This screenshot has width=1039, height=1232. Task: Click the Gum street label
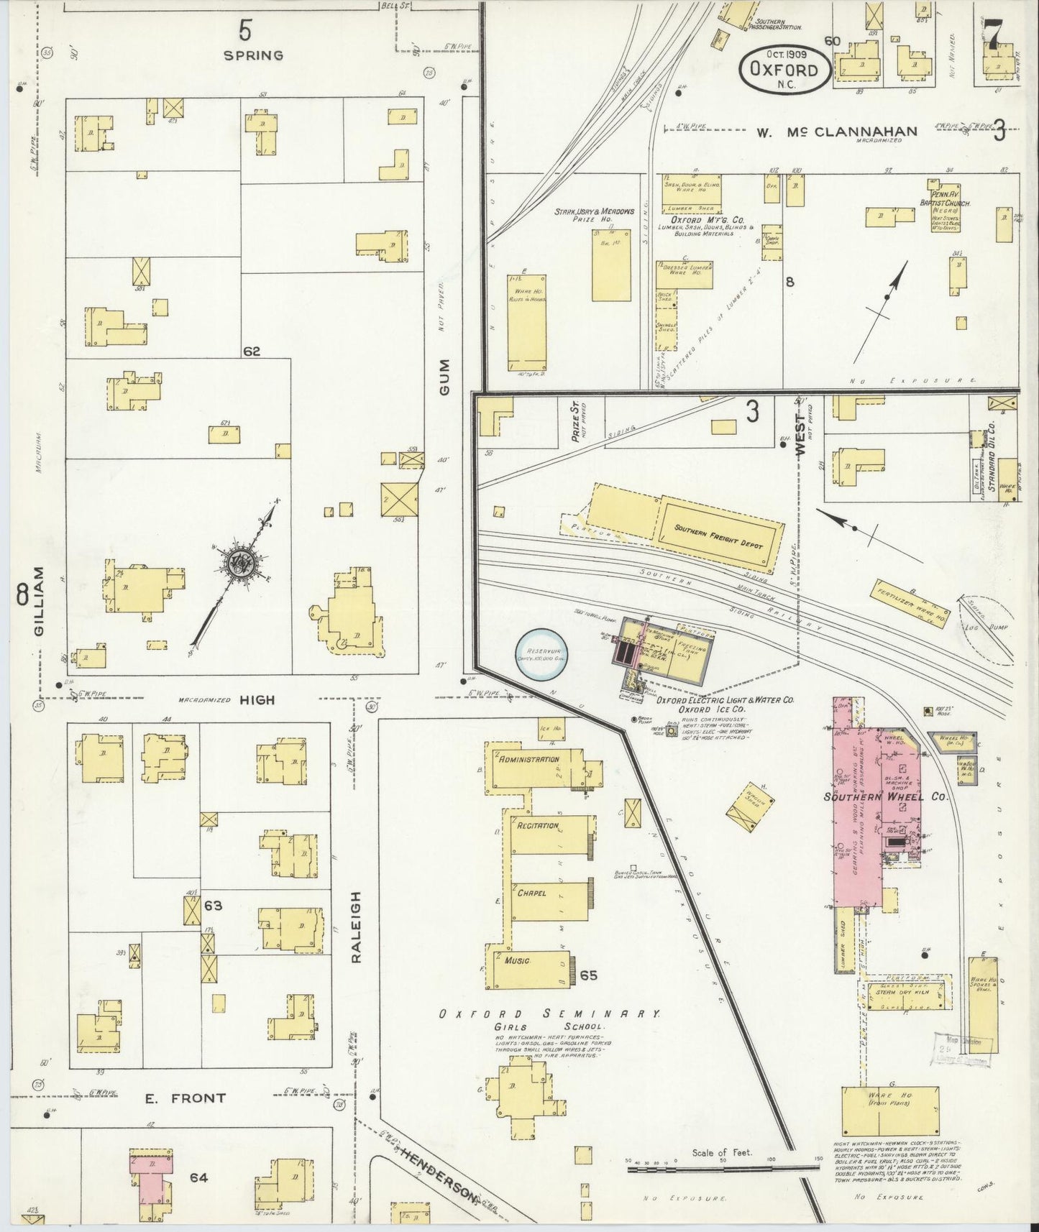(x=445, y=376)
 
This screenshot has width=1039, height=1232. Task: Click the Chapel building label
(x=531, y=893)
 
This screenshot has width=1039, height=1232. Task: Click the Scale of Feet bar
(x=723, y=1169)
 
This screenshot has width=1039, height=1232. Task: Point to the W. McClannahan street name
(x=836, y=132)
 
